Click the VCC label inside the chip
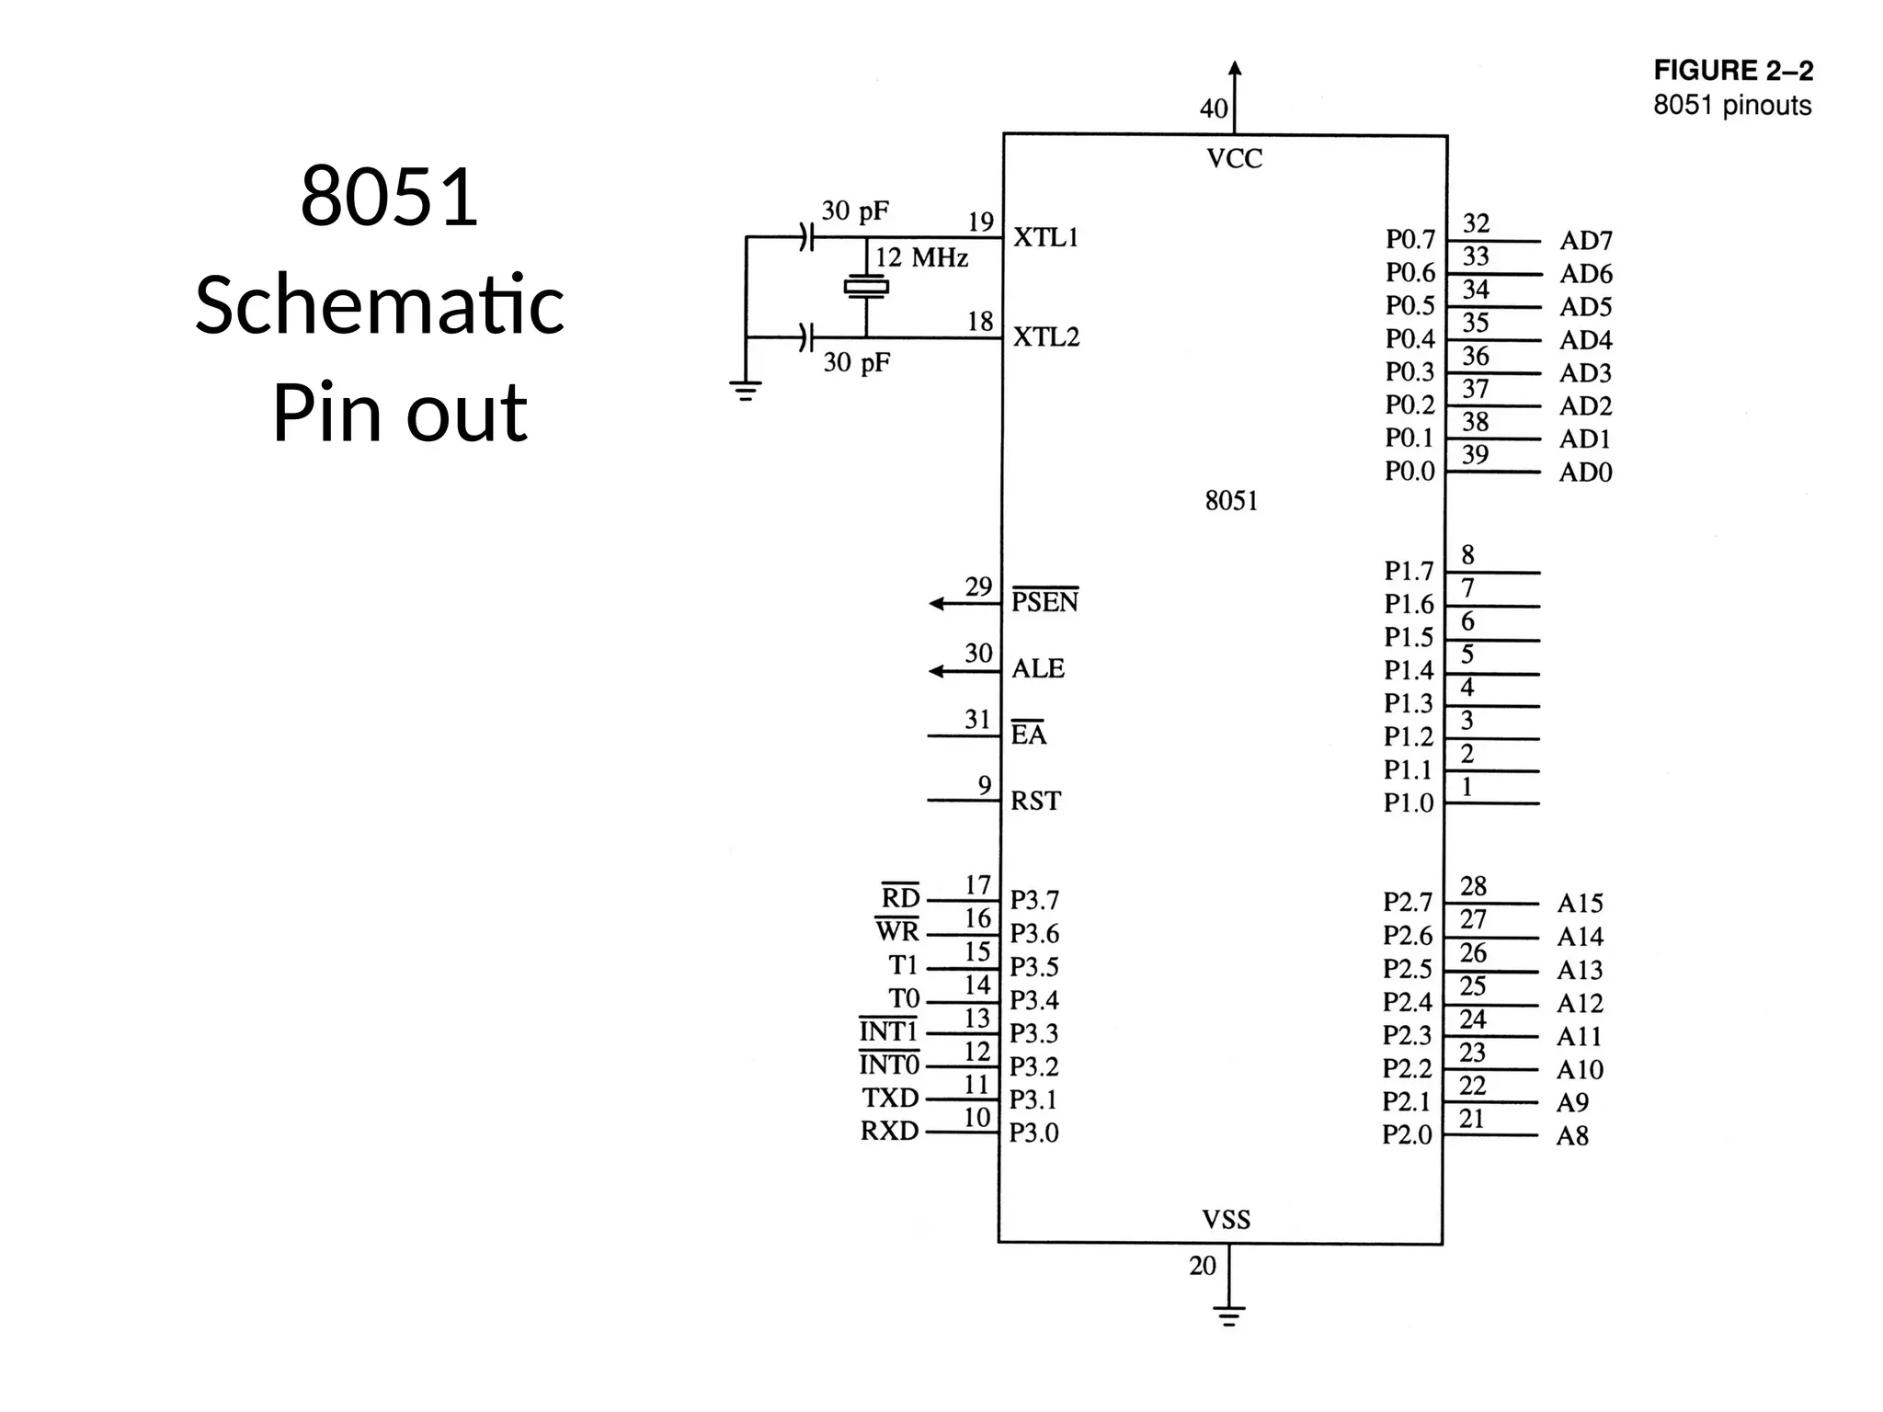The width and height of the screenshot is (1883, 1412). tap(1234, 159)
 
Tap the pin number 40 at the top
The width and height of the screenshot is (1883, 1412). tap(1214, 108)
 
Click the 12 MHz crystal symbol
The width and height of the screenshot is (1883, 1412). tap(866, 287)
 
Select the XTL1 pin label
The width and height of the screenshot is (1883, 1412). tap(1045, 237)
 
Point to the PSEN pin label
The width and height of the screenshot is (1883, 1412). tap(1044, 602)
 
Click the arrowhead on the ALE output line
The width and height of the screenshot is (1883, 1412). tap(937, 671)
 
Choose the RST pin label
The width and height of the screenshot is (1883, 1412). tap(1035, 801)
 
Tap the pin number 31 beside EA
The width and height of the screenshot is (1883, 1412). tap(977, 719)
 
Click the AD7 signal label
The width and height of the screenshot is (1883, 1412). tap(1586, 241)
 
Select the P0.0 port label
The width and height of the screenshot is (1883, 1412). tap(1409, 472)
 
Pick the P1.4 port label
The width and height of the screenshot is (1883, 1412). tap(1409, 670)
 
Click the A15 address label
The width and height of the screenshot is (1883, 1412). tap(1580, 904)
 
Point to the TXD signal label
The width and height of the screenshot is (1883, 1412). tap(890, 1098)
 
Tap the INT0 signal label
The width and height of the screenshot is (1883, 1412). tap(889, 1065)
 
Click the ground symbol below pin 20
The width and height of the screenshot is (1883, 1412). tap(1228, 1315)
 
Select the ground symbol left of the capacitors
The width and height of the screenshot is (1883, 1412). tap(745, 391)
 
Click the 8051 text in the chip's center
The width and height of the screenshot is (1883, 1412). tap(1231, 501)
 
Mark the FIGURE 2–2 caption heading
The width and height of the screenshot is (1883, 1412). tap(1733, 71)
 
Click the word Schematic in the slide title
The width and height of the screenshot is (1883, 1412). tap(380, 305)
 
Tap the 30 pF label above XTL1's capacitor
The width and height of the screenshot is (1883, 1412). tap(855, 211)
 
